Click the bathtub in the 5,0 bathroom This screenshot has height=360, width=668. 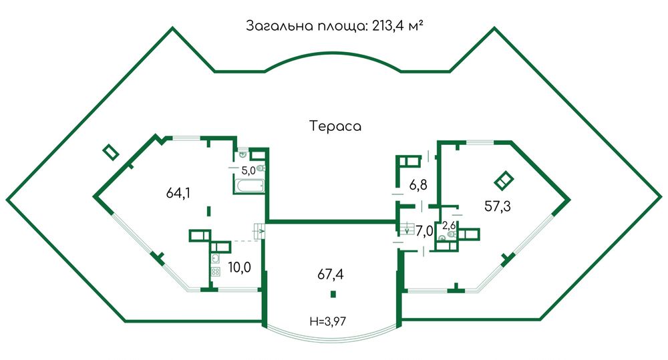click(x=250, y=186)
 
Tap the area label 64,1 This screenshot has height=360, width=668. click(x=178, y=194)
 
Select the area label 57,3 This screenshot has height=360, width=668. click(x=498, y=206)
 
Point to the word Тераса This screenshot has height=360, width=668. click(x=335, y=126)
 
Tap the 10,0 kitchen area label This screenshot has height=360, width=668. click(x=239, y=268)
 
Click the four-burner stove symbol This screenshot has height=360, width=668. click(x=216, y=272)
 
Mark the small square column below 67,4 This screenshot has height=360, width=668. click(x=332, y=295)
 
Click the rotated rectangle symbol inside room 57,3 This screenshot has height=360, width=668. click(x=503, y=180)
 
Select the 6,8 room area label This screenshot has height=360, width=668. click(x=418, y=184)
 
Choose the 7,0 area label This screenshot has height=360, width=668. click(x=425, y=231)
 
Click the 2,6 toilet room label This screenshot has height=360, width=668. click(x=449, y=225)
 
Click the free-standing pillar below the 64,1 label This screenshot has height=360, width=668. click(x=209, y=210)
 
